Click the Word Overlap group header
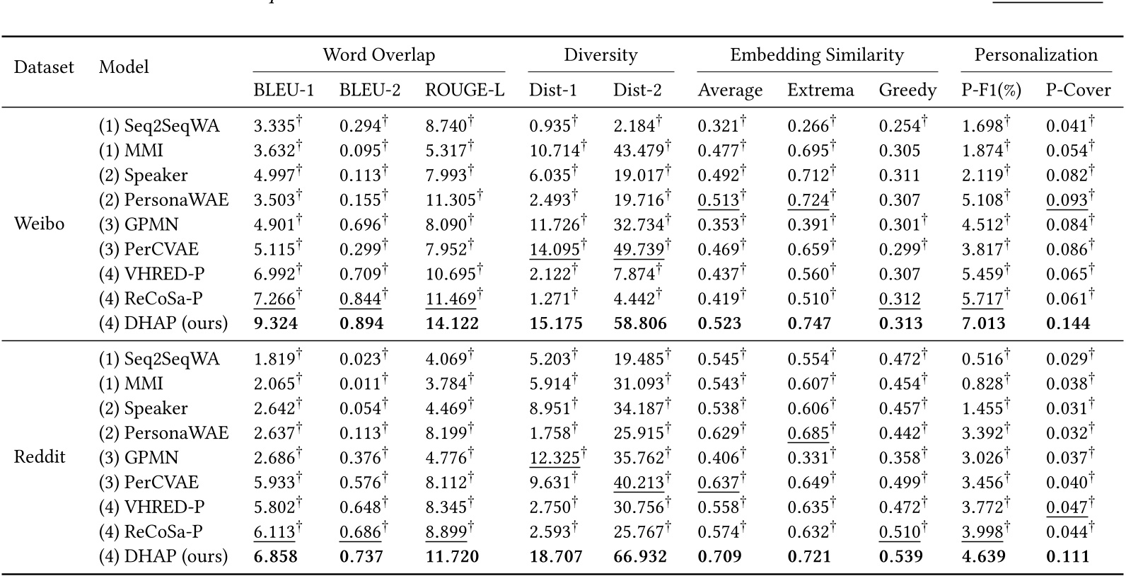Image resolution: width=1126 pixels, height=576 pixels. pyautogui.click(x=378, y=55)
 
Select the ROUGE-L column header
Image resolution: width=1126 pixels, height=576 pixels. pyautogui.click(x=464, y=91)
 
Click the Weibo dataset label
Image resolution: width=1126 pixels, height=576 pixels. pyautogui.click(x=39, y=224)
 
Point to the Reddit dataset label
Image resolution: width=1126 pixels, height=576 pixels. pyautogui.click(x=40, y=457)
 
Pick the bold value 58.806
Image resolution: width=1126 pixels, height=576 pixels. pyautogui.click(x=639, y=324)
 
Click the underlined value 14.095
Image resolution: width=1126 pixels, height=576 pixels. pyautogui.click(x=555, y=249)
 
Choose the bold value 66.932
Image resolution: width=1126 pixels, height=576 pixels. pyautogui.click(x=639, y=557)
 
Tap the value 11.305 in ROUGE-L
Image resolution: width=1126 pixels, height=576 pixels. pyautogui.click(x=451, y=200)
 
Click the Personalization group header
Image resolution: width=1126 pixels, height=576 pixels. pyautogui.click(x=1035, y=55)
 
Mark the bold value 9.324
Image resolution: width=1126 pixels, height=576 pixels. pyautogui.click(x=276, y=324)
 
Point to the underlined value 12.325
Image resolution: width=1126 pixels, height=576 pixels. pyautogui.click(x=555, y=458)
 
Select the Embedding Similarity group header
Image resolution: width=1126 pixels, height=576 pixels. pyautogui.click(x=817, y=55)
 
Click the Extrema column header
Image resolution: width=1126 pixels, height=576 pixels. pyautogui.click(x=820, y=91)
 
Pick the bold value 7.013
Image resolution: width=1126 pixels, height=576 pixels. pyautogui.click(x=983, y=324)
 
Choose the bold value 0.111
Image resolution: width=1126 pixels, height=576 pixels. pyautogui.click(x=1068, y=557)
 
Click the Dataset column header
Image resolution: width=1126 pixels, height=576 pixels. pyautogui.click(x=44, y=67)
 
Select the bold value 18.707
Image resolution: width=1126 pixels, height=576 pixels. pyautogui.click(x=556, y=557)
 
